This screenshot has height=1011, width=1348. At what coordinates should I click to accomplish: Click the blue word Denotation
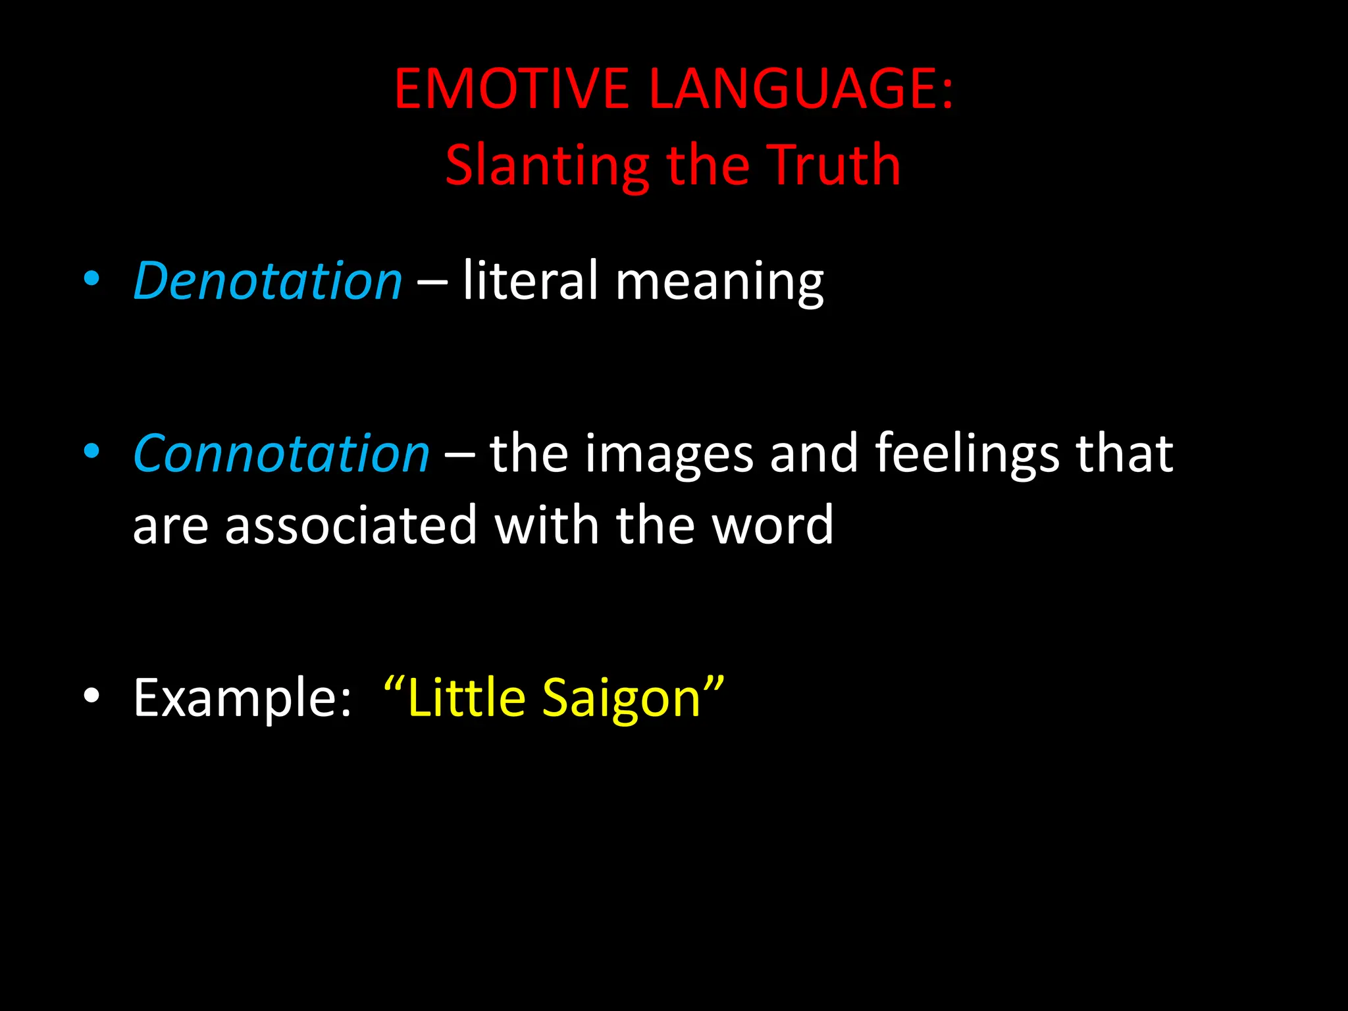click(267, 281)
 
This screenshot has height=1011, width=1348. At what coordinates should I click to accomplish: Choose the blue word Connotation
click(281, 454)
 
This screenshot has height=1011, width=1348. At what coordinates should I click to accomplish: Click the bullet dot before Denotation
click(91, 279)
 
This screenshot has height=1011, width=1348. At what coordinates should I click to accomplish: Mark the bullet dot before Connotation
click(91, 452)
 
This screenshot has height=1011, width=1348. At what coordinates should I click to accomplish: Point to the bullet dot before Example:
click(91, 696)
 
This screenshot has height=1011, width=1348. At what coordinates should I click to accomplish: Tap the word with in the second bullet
click(546, 525)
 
